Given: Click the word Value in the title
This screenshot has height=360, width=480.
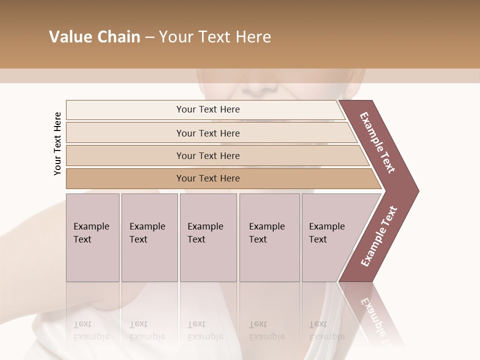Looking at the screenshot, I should pyautogui.click(x=70, y=37).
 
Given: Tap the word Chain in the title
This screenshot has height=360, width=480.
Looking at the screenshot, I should pyautogui.click(x=117, y=37).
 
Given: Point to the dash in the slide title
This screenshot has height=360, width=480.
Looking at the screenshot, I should pyautogui.click(x=149, y=37).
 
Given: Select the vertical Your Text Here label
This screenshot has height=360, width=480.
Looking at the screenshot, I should pyautogui.click(x=57, y=143).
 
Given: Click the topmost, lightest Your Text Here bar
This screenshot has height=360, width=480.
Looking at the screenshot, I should pyautogui.click(x=207, y=109).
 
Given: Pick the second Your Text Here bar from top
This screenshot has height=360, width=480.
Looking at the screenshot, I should pyautogui.click(x=207, y=133).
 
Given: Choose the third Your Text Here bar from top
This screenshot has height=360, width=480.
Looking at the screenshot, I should pyautogui.click(x=207, y=155).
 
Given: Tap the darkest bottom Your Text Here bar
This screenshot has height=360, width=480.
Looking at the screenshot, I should pyautogui.click(x=207, y=178).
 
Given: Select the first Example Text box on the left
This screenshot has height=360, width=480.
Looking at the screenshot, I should pyautogui.click(x=92, y=237).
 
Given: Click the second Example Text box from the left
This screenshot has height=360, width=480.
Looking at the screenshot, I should pyautogui.click(x=149, y=237).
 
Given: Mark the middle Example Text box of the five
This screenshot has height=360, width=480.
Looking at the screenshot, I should pyautogui.click(x=208, y=237).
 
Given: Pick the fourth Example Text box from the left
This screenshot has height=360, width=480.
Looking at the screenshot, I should pyautogui.click(x=269, y=237).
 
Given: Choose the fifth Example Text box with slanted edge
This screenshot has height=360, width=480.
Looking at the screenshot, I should pyautogui.click(x=327, y=237).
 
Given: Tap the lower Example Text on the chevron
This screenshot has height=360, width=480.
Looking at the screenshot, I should pyautogui.click(x=378, y=236).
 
